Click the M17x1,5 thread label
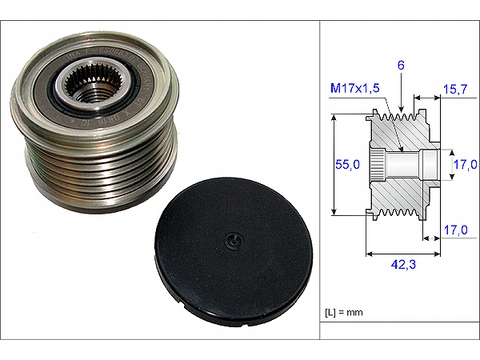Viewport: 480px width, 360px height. (x=355, y=88)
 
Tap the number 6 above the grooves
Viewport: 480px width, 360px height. (x=401, y=65)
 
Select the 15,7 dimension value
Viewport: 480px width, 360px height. (x=455, y=89)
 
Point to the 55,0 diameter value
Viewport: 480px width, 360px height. (x=348, y=164)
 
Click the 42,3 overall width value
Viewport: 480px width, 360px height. (x=403, y=265)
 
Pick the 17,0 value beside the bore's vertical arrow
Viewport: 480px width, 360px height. (x=465, y=164)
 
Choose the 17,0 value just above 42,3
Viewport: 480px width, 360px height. (x=455, y=230)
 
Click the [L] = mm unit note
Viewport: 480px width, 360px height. (x=344, y=313)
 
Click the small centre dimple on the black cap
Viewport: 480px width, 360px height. (x=234, y=241)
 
